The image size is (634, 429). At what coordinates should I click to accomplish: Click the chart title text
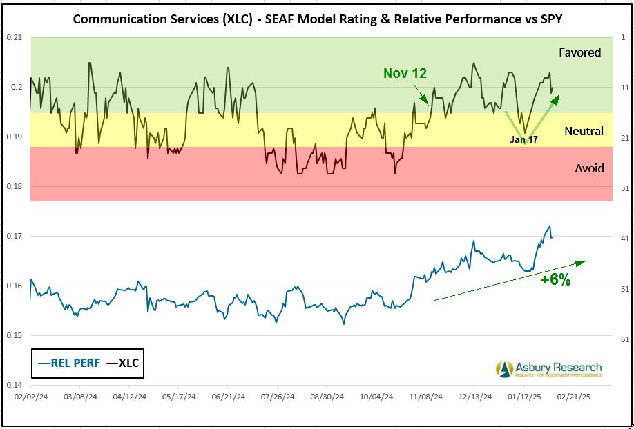click(x=317, y=19)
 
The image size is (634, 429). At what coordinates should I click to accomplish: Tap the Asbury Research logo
click(x=548, y=369)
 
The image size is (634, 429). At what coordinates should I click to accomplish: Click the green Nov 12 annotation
click(x=405, y=73)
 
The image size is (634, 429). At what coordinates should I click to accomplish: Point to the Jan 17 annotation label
click(x=523, y=139)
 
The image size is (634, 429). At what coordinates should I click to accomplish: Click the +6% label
click(x=555, y=279)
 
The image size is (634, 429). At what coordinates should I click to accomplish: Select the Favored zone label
click(x=579, y=52)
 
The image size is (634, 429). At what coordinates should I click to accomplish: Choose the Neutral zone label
click(x=584, y=131)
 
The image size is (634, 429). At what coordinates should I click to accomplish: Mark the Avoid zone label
click(x=589, y=168)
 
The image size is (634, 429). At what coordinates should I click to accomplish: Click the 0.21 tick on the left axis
click(x=14, y=37)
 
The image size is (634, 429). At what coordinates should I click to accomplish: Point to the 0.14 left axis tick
click(x=14, y=385)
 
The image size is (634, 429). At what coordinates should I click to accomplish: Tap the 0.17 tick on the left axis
click(x=14, y=236)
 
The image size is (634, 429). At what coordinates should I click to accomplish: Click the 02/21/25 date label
click(x=573, y=397)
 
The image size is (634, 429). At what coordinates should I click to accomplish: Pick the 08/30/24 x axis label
click(x=327, y=397)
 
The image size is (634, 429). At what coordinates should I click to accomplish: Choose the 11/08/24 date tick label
click(x=425, y=397)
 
